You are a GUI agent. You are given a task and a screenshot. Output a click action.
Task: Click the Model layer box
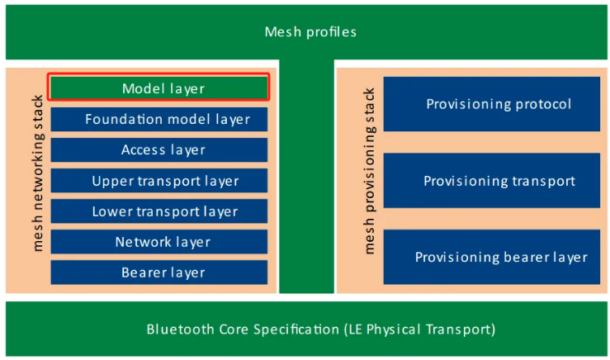(158, 88)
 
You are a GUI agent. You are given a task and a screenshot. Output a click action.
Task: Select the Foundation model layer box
(158, 119)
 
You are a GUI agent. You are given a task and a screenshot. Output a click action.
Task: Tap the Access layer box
(158, 149)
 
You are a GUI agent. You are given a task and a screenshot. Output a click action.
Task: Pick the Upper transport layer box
(158, 181)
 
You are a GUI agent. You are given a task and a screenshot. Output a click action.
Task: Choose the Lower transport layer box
(158, 211)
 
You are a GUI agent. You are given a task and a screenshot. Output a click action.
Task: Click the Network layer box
(158, 242)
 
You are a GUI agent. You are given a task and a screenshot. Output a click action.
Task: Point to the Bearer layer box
(158, 272)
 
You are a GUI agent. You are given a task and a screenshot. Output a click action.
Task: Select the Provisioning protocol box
(492, 104)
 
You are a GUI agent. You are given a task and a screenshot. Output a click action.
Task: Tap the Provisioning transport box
(492, 181)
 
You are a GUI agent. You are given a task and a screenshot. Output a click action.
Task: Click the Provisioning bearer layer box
(492, 257)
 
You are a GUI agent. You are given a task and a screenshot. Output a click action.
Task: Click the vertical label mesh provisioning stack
(369, 172)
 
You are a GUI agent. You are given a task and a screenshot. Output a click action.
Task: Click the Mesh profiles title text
(310, 32)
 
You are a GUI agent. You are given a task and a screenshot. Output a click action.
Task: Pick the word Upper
(110, 182)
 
